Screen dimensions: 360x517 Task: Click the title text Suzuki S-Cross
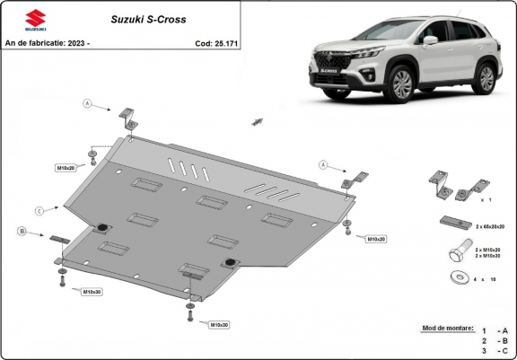point(143,18)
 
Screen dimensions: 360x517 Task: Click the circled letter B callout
point(21,232)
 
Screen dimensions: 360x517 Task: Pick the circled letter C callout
point(39,210)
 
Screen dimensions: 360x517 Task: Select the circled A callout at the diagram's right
point(322,164)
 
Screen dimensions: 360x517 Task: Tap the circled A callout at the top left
point(87,104)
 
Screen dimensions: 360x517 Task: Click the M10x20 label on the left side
point(66,168)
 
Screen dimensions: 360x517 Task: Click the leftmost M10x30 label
point(91,292)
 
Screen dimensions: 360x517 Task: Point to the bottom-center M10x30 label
point(220,323)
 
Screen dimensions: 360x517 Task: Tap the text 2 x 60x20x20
point(491,228)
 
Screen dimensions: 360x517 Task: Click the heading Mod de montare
point(446,329)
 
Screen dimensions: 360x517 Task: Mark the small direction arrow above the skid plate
point(257,119)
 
